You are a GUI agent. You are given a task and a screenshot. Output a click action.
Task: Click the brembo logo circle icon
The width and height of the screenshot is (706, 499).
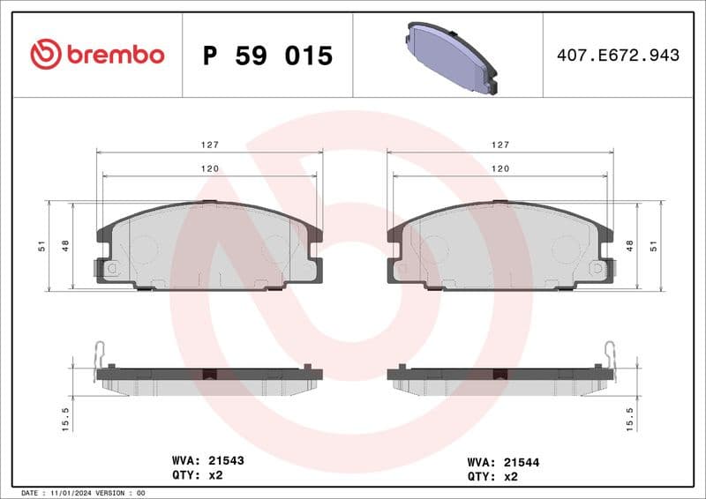click(46, 55)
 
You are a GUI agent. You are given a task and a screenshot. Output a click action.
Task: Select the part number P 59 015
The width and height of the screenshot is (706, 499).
click(267, 56)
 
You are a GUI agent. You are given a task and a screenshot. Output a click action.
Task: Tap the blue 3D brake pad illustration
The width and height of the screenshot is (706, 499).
click(447, 56)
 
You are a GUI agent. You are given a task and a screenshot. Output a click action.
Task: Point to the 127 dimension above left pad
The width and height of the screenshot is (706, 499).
click(208, 144)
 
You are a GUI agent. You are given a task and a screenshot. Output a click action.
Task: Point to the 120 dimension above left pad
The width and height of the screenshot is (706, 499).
click(208, 168)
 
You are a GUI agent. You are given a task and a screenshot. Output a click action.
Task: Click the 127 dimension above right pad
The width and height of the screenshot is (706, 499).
click(500, 144)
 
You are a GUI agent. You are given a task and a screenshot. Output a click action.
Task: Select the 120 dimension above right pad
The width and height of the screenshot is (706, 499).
click(500, 168)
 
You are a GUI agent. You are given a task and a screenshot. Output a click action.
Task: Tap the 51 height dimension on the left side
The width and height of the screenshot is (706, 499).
click(41, 246)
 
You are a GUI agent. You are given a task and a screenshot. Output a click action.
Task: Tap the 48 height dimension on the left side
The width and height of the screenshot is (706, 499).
click(65, 246)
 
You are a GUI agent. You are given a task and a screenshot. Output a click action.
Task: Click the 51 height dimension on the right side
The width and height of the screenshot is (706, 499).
click(654, 246)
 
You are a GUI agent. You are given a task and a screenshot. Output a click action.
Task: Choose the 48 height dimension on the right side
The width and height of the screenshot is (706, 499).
click(629, 246)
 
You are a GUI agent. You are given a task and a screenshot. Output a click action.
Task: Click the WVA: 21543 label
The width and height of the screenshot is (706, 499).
click(207, 460)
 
